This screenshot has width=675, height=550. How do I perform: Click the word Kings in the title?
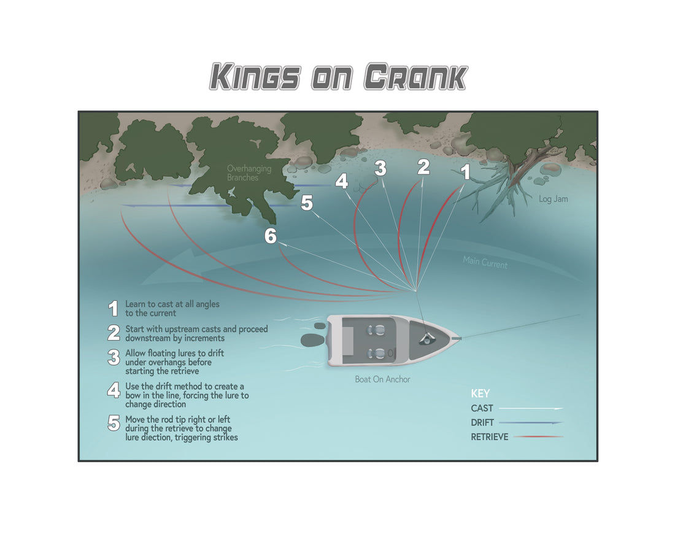pos(255,77)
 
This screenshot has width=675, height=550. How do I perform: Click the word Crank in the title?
pos(415,77)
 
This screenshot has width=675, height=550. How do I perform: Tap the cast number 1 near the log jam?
pos(465,172)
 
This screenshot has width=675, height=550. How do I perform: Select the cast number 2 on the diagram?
pos(423,167)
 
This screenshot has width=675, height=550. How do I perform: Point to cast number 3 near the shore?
pos(380,168)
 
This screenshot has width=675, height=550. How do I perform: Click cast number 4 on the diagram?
pos(342,181)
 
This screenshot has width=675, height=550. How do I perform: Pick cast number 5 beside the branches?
pos(306,203)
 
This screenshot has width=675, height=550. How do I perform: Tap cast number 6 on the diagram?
pos(271,236)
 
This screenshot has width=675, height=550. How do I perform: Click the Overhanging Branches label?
pos(249,173)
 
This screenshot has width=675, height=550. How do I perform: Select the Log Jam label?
pos(553,199)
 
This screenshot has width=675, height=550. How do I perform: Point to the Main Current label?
pos(485,262)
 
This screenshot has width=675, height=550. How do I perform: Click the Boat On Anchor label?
pos(382,379)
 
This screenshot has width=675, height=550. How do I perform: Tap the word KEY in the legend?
pos(480,393)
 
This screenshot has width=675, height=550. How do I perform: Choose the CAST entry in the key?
pos(482,408)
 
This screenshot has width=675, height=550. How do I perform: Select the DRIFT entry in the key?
pos(482,422)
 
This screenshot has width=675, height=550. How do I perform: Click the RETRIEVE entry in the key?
pos(490,437)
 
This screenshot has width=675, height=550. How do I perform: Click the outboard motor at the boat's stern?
pos(313,340)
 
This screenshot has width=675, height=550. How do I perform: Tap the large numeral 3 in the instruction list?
pos(114,357)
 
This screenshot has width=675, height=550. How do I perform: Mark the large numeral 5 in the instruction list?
pos(114,423)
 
